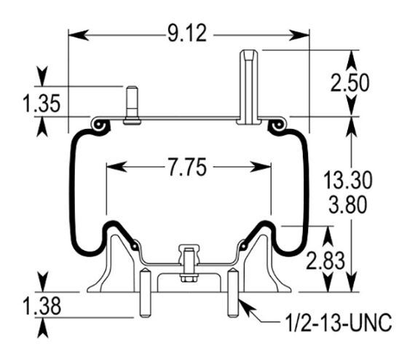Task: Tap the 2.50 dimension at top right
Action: [x=349, y=82]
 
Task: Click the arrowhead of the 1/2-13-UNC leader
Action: [x=242, y=305]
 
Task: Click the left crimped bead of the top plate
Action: [x=100, y=127]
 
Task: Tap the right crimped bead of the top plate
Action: [x=277, y=127]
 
